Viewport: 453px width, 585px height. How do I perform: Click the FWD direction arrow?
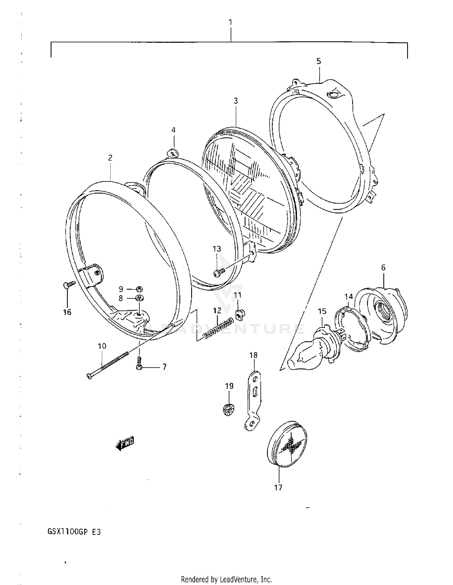(x=124, y=443)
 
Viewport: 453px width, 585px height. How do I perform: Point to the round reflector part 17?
(x=287, y=444)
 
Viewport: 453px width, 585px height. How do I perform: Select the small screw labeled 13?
(x=219, y=272)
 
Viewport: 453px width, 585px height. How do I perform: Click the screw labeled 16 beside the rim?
(x=69, y=284)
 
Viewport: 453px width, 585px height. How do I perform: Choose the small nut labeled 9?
(x=139, y=289)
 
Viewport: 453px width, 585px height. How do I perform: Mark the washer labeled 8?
(x=139, y=298)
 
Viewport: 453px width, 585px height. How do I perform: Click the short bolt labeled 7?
(x=139, y=364)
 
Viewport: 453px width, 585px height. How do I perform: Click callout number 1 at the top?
(x=230, y=22)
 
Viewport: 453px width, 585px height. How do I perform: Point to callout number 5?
(x=319, y=61)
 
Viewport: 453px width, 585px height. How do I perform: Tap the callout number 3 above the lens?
(x=236, y=101)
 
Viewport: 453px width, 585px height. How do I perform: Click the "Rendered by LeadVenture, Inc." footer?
(x=226, y=579)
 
